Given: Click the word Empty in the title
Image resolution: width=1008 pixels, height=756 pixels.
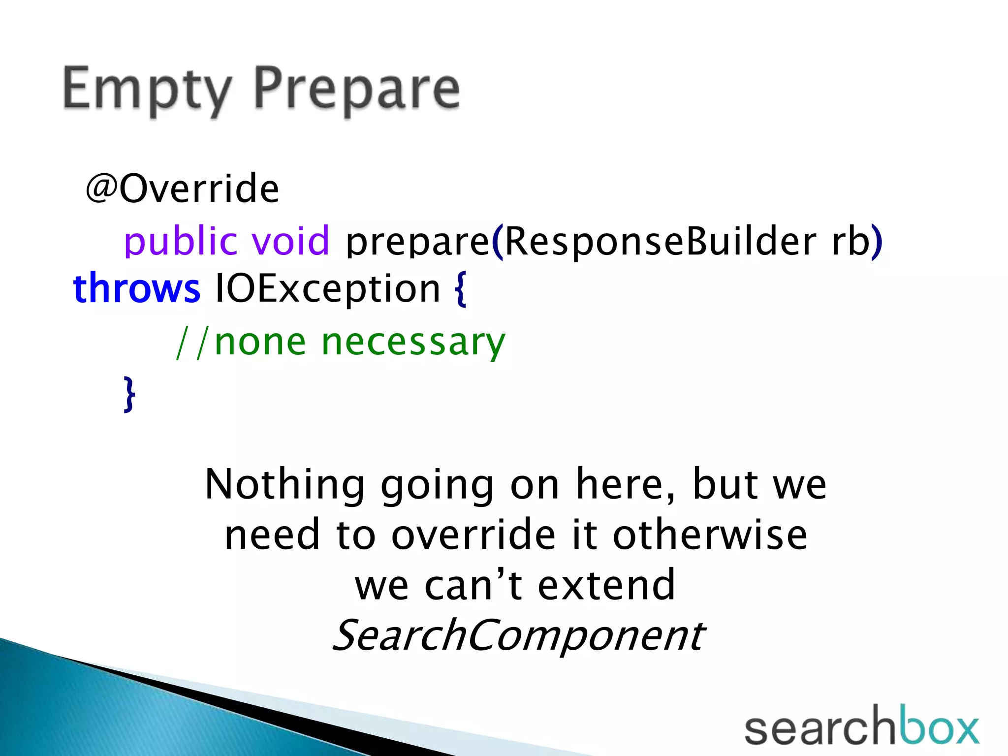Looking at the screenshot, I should point(146,90).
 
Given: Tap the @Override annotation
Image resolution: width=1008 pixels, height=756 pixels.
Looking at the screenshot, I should point(182,189).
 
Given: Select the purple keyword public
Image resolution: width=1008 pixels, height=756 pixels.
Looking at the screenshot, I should point(179,241).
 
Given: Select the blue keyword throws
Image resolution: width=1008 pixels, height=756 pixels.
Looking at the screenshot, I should point(137,288).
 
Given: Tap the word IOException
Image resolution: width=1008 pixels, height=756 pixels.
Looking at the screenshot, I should point(327,289).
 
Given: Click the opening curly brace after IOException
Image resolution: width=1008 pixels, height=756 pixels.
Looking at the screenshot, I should point(460,290).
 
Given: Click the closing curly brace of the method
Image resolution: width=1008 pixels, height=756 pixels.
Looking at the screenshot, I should point(129,394).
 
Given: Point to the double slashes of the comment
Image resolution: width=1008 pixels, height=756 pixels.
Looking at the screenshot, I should point(193,343).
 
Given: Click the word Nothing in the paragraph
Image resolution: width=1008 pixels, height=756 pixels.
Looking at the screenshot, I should point(284,485).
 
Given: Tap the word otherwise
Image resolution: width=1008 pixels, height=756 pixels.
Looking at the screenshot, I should point(709,535).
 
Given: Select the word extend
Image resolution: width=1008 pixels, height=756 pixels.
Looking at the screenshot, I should point(606,585).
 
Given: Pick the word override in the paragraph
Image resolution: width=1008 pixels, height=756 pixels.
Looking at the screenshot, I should point(473,535).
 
